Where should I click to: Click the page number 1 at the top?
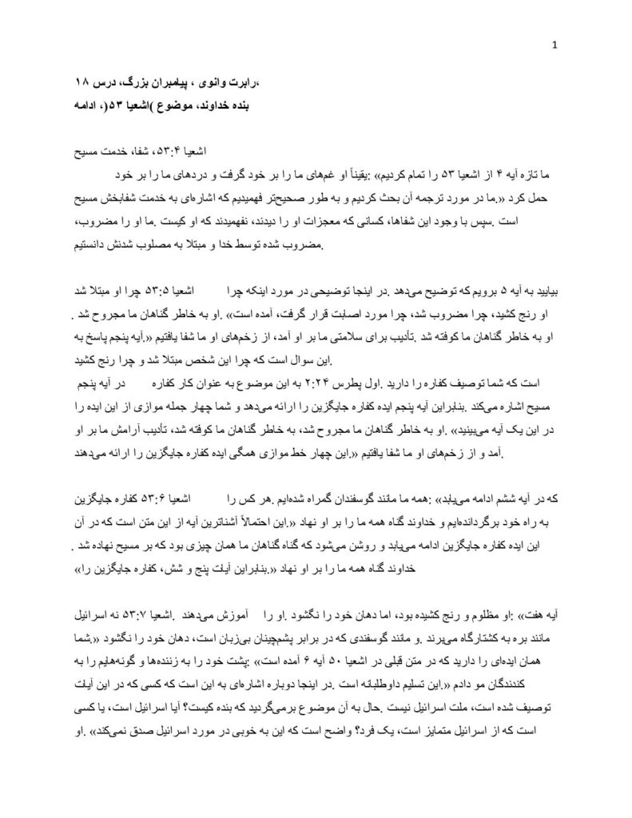[554, 45]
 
